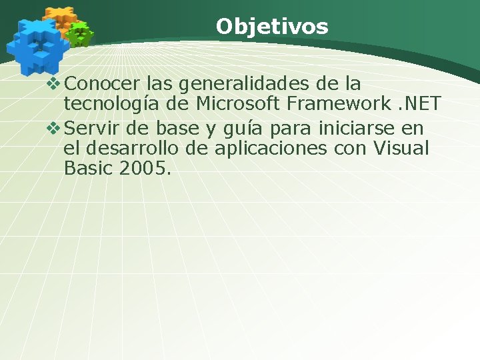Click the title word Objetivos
(272, 27)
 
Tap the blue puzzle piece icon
(37, 45)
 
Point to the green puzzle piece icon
(81, 34)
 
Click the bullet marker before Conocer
(55, 84)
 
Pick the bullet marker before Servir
(55, 127)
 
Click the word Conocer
(99, 84)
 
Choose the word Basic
(89, 169)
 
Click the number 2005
(145, 169)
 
